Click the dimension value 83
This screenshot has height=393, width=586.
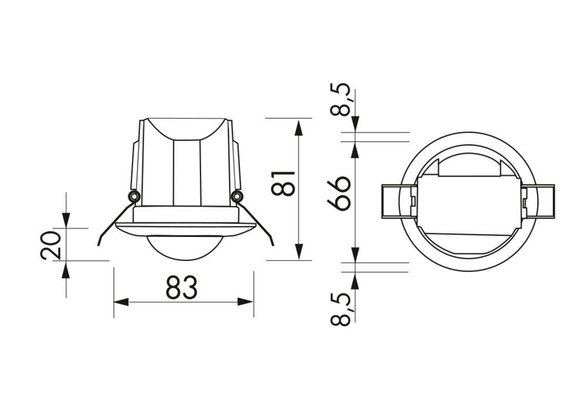click(182, 287)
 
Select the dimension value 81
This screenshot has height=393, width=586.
click(283, 183)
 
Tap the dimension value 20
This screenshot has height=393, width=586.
click(50, 245)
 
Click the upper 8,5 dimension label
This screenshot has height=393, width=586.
click(341, 99)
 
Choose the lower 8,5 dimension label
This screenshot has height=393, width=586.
click(341, 309)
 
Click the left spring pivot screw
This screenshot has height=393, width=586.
click(134, 196)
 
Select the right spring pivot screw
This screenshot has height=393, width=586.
click(236, 196)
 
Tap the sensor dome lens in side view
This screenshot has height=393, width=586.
click(185, 248)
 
